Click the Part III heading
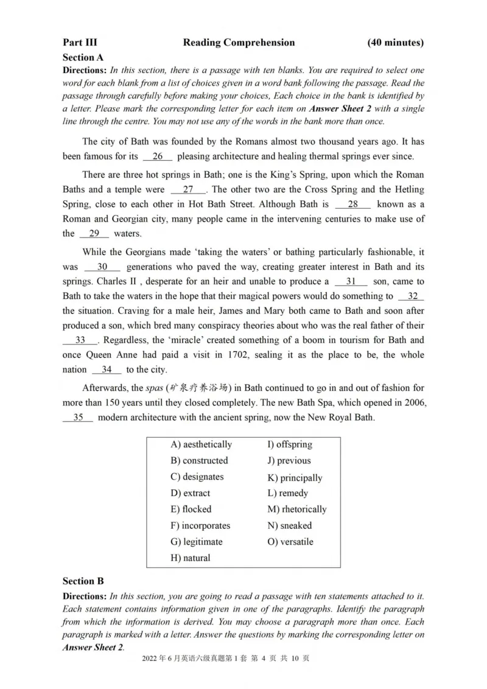[x=80, y=43]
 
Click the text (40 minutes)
[x=396, y=43]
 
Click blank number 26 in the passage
[x=158, y=156]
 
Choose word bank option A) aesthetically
[x=201, y=444]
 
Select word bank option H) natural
[x=190, y=558]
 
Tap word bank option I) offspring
[x=290, y=444]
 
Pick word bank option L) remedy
[x=287, y=493]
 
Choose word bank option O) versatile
[x=290, y=542]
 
